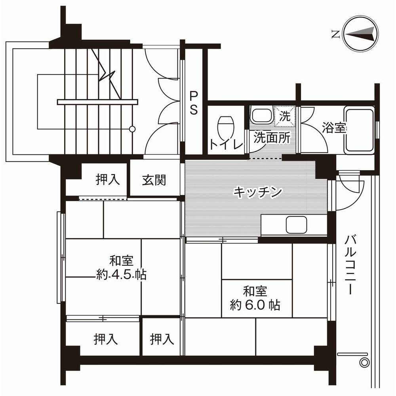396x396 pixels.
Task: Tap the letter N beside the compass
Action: [x=335, y=35]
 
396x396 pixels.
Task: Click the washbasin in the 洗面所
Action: [x=261, y=116]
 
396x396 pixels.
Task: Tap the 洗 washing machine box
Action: [x=285, y=116]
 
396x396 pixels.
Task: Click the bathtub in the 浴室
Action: [x=358, y=130]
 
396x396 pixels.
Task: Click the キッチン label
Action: [x=257, y=192]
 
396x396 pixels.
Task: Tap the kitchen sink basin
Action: [x=297, y=225]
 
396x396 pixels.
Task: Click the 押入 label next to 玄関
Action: [x=107, y=179]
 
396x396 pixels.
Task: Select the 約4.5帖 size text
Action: [x=121, y=274]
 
